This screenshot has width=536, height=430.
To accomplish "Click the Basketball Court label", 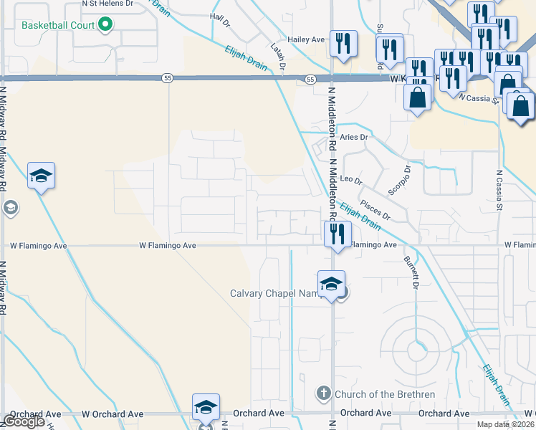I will pos(59,25).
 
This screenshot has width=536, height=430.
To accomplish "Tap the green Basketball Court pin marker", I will pos(106,25).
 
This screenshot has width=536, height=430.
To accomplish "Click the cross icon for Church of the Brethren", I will pos(323,393).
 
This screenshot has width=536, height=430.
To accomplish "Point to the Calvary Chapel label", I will pos(273,292).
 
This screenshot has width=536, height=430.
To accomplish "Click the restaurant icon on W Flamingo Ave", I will pos(337,234).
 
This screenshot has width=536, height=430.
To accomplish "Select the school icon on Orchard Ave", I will pos(206,408).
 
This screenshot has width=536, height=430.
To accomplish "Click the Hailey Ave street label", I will pos(307,39).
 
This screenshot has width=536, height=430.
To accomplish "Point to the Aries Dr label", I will pos(354,137).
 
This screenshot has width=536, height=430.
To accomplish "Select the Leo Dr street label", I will pos(351,179).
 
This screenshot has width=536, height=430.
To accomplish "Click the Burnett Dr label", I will pos(411,272).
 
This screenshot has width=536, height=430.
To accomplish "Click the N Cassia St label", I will pos(499,190).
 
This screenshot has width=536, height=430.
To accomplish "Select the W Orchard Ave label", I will pos(113,414).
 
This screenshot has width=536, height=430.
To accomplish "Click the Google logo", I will pos(24,421).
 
